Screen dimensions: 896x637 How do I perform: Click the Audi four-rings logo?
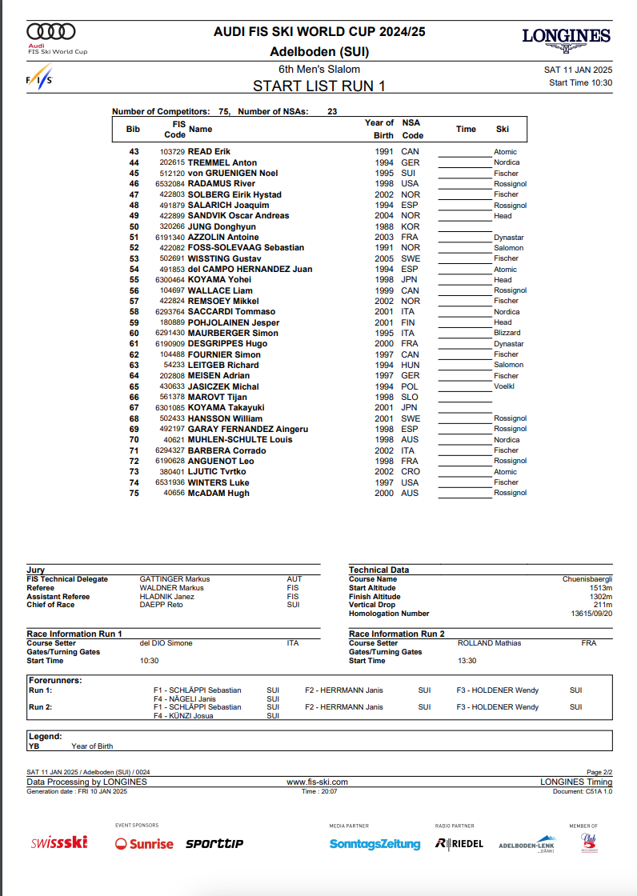[x=51, y=31]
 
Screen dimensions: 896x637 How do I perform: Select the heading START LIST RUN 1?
[x=318, y=86]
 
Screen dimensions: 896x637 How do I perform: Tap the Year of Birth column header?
[x=379, y=129]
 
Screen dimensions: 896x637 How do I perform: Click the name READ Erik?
[x=209, y=152]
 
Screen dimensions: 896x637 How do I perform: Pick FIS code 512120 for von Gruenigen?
[x=172, y=174]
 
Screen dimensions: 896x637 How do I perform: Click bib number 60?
[x=134, y=333]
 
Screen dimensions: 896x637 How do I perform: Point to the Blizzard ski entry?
[x=507, y=333]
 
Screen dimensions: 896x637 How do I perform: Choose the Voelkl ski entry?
[x=505, y=386]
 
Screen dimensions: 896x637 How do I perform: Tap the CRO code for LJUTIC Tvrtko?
[x=411, y=472]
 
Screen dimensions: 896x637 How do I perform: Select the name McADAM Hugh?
[x=218, y=493]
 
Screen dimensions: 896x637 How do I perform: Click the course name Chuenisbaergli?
[x=587, y=579]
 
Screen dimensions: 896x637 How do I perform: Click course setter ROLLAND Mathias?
[x=489, y=643]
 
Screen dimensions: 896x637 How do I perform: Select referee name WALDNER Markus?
[x=171, y=588]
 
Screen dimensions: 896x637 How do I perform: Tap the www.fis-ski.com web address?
[x=317, y=782]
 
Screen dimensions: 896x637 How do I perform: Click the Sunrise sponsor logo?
[x=144, y=843]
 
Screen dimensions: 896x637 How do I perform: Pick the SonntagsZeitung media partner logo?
[x=375, y=844]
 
